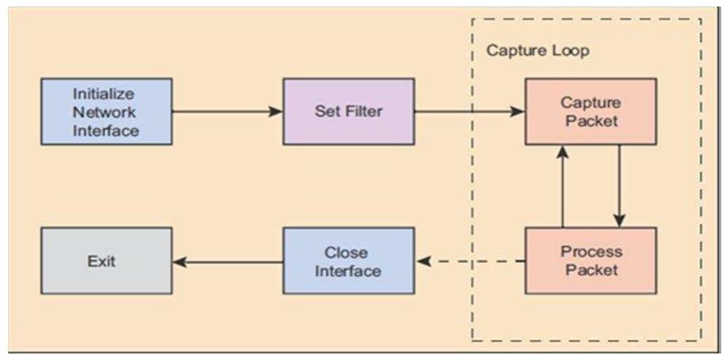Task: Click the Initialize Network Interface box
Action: coord(106,111)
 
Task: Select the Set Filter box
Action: coord(349,111)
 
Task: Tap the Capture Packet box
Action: coord(590,111)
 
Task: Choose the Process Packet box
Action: coord(590,260)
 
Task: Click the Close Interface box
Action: coord(349,261)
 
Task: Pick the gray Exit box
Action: coord(106,261)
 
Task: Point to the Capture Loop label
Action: coord(538,51)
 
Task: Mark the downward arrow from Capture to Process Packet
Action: coord(619,186)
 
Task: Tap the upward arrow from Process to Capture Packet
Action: coord(562,186)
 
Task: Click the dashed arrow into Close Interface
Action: coord(471,262)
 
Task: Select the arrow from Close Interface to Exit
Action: coord(228,262)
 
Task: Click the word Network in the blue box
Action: coord(104,111)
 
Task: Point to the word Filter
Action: coord(366,111)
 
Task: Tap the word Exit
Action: coord(102,262)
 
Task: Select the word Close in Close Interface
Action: coord(346,252)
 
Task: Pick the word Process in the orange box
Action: coord(591,251)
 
